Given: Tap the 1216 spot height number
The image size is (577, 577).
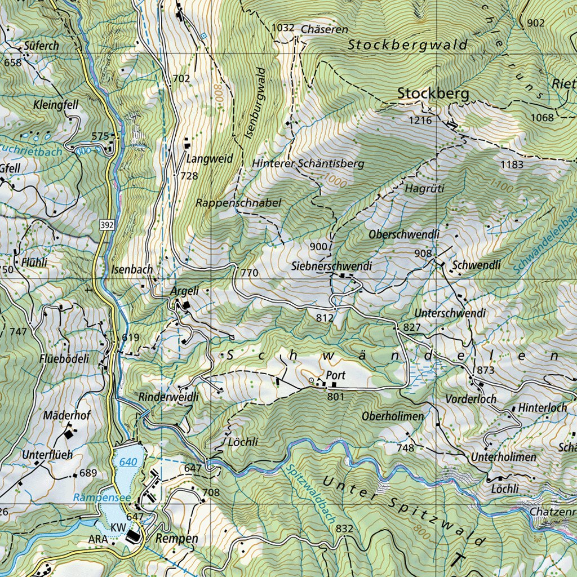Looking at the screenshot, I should tap(421, 121).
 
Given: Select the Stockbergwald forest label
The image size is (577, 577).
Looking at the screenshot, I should tap(407, 45).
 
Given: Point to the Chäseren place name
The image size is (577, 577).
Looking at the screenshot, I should tap(325, 29).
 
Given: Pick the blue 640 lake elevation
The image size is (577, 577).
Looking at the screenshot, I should tap(128, 462).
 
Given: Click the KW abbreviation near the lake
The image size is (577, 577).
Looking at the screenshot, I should tap(117, 527).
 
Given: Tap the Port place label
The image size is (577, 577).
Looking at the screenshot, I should tap(335, 375).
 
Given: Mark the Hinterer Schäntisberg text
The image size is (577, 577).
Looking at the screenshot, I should tap(308, 163).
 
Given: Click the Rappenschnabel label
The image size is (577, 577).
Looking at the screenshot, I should tap(238, 202).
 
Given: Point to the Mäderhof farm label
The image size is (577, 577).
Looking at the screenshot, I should tap(67, 415).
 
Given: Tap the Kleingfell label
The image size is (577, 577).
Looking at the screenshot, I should tap(55, 105).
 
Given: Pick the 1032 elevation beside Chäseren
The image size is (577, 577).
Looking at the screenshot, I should tap(283, 28).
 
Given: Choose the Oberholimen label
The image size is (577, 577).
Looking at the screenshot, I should tap(393, 416).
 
